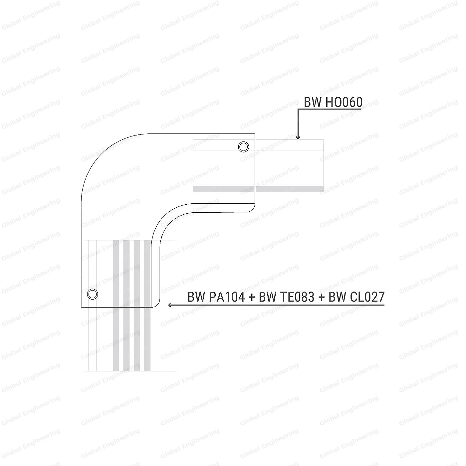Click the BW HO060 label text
click(x=333, y=102)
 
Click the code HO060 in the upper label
click(x=344, y=102)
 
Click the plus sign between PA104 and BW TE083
click(x=252, y=297)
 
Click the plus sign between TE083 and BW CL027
click(x=322, y=297)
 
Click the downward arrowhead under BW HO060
click(x=298, y=137)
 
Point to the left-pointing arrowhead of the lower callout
click(x=170, y=305)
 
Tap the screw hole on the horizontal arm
click(x=243, y=147)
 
